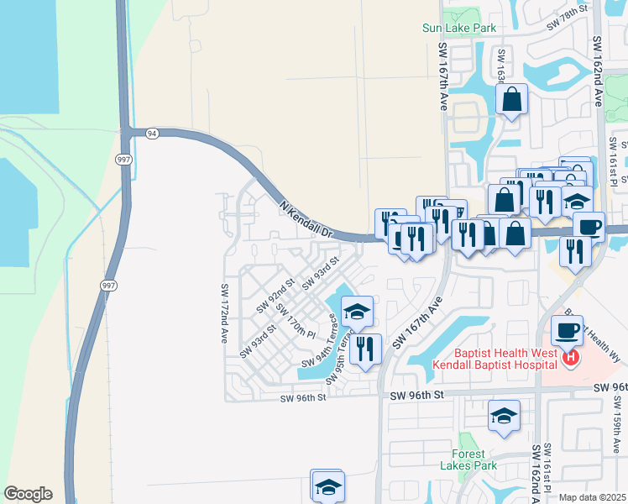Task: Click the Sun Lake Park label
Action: (x=459, y=28)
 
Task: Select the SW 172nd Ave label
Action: (x=225, y=313)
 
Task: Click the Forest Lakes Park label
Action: (x=469, y=459)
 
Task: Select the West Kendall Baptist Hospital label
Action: (x=495, y=359)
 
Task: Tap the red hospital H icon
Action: (x=571, y=359)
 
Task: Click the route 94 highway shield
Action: (x=152, y=134)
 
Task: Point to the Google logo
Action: (x=28, y=494)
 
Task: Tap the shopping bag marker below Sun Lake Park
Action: (x=511, y=101)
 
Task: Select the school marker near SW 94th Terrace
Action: (x=357, y=312)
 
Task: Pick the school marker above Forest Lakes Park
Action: (x=504, y=416)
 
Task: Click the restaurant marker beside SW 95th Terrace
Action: (x=364, y=348)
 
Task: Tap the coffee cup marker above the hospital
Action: (x=567, y=329)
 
